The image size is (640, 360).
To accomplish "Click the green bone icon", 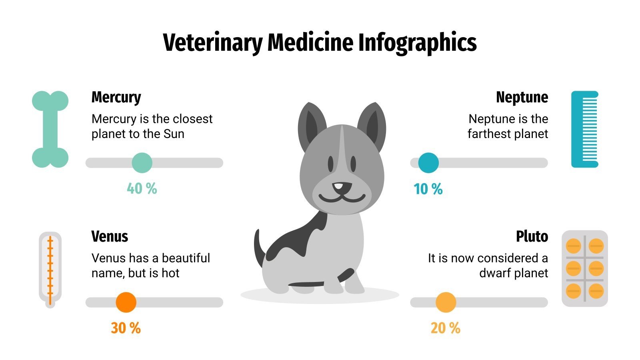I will (x=50, y=129).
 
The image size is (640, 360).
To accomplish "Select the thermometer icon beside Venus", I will (x=50, y=270).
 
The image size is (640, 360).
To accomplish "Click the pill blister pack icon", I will (x=584, y=268).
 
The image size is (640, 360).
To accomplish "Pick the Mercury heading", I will (x=116, y=97).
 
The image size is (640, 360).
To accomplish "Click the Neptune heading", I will (x=522, y=97).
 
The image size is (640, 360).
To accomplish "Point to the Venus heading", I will (x=110, y=236).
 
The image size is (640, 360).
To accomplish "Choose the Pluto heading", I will (x=532, y=236).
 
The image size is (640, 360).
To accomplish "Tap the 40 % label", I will (x=142, y=188).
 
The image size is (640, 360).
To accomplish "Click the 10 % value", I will (x=428, y=189).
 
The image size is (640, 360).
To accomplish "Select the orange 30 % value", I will (x=126, y=328).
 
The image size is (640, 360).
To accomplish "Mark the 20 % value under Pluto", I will (x=445, y=328).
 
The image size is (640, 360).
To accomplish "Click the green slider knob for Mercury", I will (x=142, y=163).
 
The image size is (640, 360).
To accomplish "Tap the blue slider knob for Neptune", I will (x=428, y=163).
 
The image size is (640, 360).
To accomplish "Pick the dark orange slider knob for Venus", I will (x=126, y=302).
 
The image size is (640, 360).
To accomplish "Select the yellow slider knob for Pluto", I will (x=446, y=302).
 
